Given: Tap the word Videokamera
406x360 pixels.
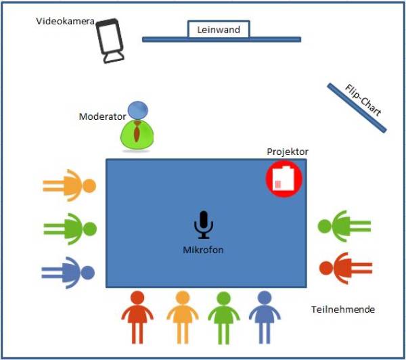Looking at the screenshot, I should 64,22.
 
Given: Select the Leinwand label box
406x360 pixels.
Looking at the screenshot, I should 219,29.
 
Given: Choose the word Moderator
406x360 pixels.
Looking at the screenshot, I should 101,116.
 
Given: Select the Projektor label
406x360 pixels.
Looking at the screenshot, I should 288,152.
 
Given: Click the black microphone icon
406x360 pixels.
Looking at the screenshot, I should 203,225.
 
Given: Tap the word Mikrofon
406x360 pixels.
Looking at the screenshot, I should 203,250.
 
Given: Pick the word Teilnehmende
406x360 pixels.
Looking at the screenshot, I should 343,309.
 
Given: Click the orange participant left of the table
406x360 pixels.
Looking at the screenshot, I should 70,185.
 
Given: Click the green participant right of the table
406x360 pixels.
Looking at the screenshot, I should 344,226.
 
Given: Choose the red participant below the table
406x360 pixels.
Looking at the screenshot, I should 138,315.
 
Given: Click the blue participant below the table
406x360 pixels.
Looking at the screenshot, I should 264,315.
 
